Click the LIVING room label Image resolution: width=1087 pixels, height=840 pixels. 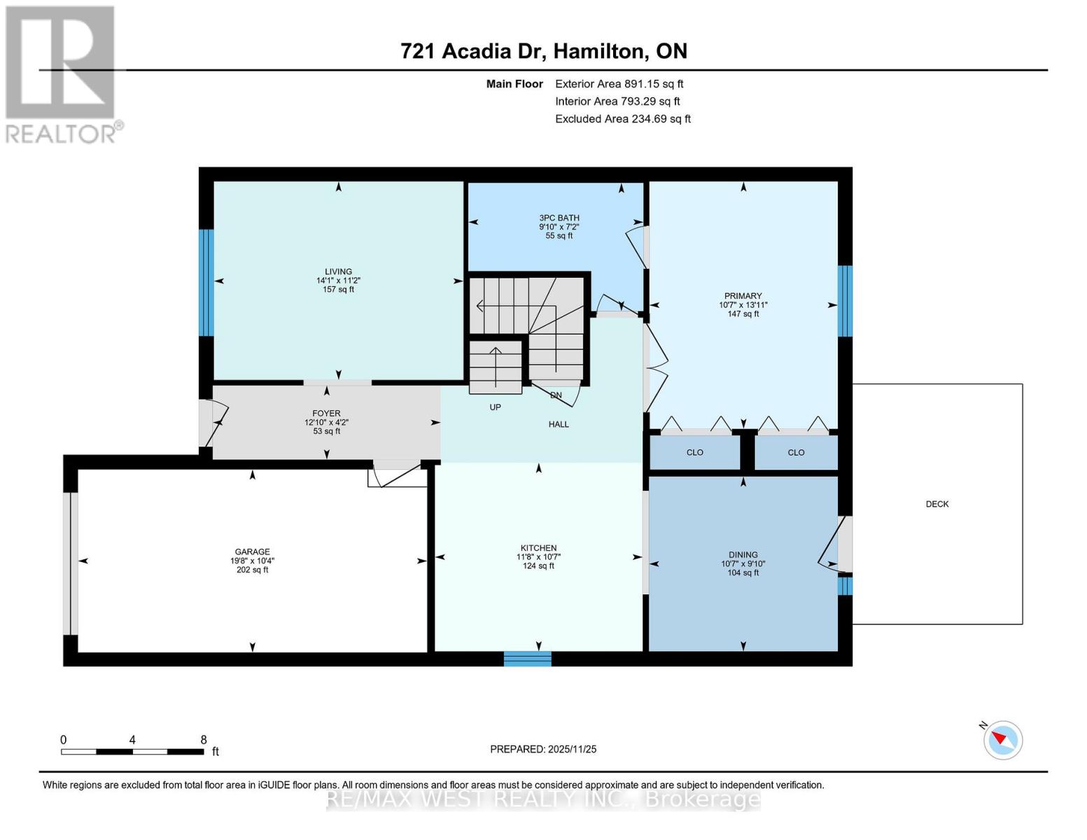click(338, 272)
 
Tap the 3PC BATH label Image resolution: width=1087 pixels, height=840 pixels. click(559, 218)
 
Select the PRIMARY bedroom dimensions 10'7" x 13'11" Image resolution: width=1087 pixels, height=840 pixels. click(743, 305)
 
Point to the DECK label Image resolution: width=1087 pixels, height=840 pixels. click(937, 504)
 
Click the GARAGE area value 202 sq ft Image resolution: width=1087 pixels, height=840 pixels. click(252, 570)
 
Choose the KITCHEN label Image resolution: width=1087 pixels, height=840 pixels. click(538, 548)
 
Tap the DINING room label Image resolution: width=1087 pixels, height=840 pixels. click(743, 554)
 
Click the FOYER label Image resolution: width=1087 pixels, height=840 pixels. click(326, 414)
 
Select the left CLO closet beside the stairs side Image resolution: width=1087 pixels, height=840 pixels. click(694, 452)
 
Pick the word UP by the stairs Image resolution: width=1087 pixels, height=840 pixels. click(495, 407)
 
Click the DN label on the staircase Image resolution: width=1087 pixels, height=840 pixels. click(556, 395)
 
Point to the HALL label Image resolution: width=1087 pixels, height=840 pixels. click(559, 424)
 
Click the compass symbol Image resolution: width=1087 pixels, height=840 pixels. click(1002, 740)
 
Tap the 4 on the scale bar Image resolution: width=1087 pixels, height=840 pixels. click(132, 740)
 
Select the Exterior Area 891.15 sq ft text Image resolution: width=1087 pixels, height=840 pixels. click(619, 84)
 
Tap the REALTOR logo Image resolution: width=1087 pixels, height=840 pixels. click(62, 74)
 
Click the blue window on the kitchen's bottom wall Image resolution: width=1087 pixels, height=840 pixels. click(527, 659)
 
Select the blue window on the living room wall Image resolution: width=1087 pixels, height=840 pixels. click(206, 283)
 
